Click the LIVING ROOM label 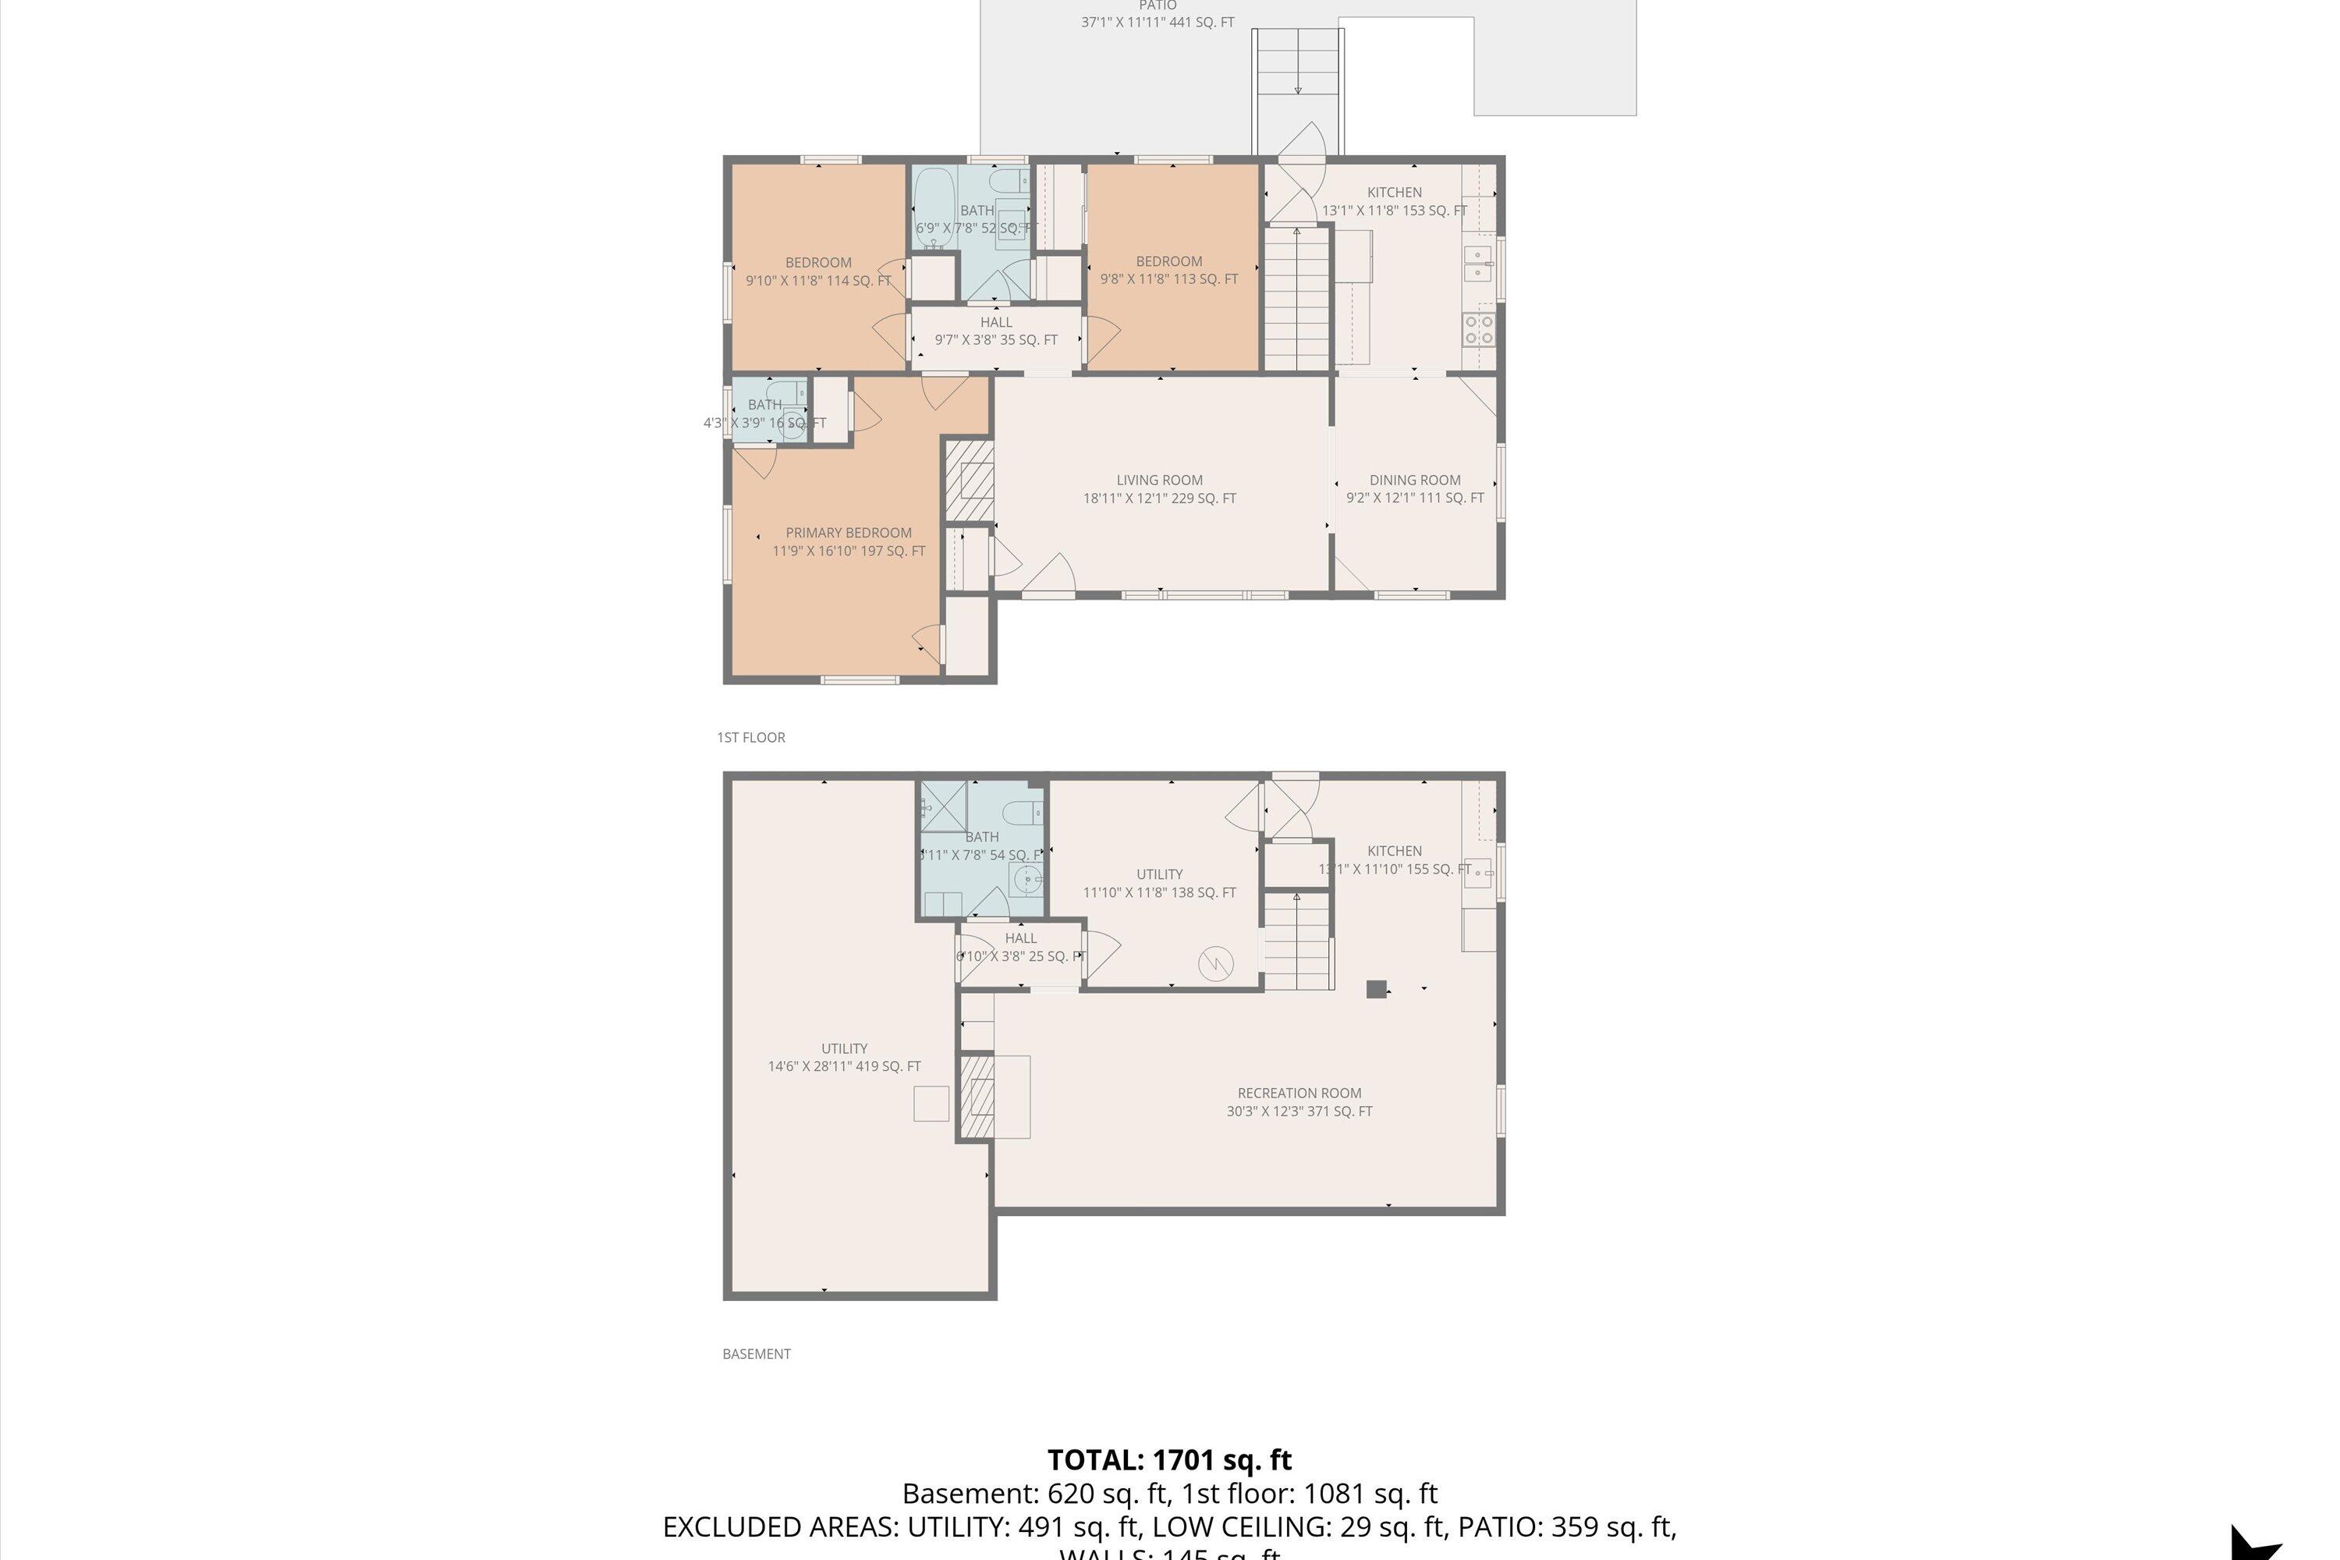point(1159,480)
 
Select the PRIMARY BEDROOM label point(848,532)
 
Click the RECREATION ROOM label point(1299,1093)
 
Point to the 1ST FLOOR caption point(751,737)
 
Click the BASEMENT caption point(756,1353)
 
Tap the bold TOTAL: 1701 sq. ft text point(1169,1459)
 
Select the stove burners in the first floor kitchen point(1478,329)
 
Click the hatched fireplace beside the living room point(968,480)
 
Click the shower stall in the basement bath point(942,805)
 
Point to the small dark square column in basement point(1376,988)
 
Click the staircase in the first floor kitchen point(1296,299)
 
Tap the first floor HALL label point(996,322)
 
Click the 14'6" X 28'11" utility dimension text point(844,1066)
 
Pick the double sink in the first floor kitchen point(1477,263)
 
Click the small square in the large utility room point(931,1104)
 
